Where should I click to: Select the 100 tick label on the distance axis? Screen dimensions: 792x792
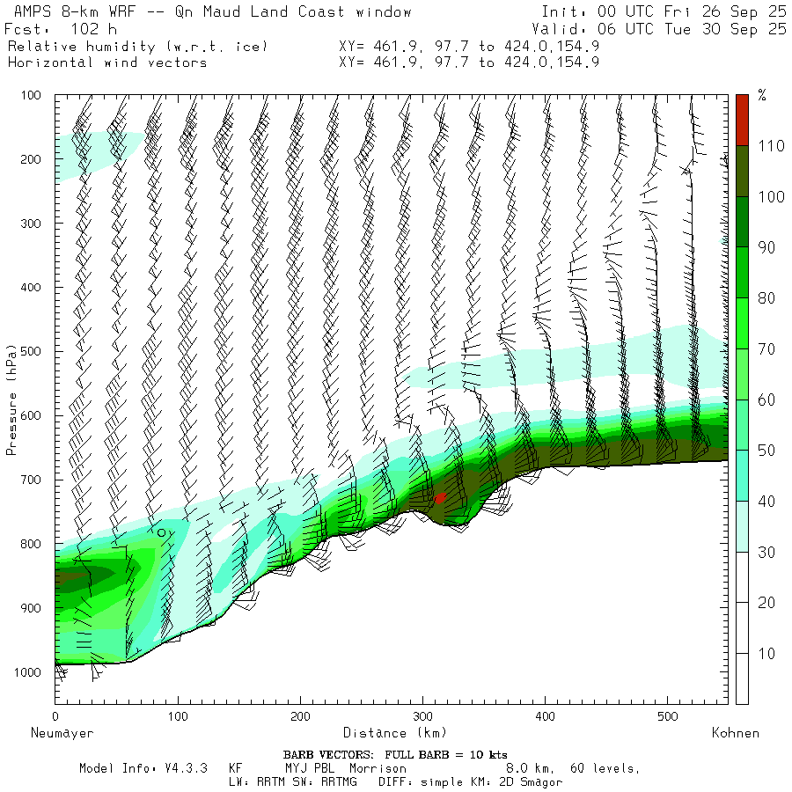(178, 716)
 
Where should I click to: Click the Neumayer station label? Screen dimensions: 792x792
(62, 732)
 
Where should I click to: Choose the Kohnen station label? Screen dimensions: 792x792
(735, 732)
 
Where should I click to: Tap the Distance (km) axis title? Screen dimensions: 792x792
(395, 732)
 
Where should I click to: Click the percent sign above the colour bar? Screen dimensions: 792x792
(762, 96)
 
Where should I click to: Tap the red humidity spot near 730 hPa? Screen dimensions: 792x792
(440, 497)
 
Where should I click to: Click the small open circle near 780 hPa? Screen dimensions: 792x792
(162, 532)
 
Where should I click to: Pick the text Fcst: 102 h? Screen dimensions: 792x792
(54, 28)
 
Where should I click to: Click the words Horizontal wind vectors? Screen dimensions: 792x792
(107, 62)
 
